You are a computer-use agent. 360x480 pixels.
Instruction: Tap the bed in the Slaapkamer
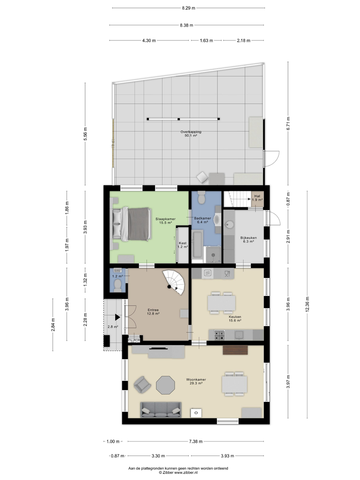pos(132,224)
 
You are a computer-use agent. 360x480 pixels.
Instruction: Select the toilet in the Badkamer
pos(201,198)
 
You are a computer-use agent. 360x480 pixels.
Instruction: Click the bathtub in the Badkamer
pos(197,245)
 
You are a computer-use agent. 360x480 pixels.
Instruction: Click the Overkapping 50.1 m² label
pos(191,134)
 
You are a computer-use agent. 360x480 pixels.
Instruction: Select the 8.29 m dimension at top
pos(188,8)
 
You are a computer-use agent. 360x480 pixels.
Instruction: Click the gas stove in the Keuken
pos(219,335)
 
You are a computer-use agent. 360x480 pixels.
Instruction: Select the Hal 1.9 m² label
pos(257,198)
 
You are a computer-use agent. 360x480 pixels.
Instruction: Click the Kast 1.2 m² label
pos(183,245)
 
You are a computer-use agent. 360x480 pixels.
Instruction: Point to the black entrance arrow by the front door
pos(118,317)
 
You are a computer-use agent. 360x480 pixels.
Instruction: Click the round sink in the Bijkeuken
pos(229,224)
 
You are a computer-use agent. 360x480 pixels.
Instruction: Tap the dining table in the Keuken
pos(221,303)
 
